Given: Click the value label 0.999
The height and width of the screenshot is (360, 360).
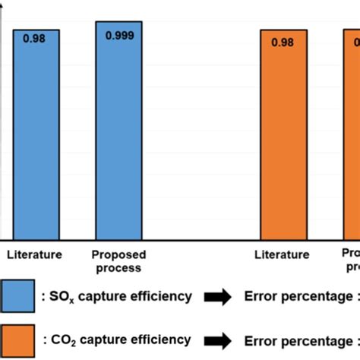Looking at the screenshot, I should point(118,35).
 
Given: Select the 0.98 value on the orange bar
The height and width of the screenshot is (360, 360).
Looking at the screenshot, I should point(284,42).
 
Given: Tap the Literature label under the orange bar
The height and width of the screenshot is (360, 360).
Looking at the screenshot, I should point(282,254).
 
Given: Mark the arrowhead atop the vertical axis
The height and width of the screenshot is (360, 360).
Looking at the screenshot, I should point(8,5).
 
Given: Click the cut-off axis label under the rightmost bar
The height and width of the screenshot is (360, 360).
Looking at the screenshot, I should point(350,261).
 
